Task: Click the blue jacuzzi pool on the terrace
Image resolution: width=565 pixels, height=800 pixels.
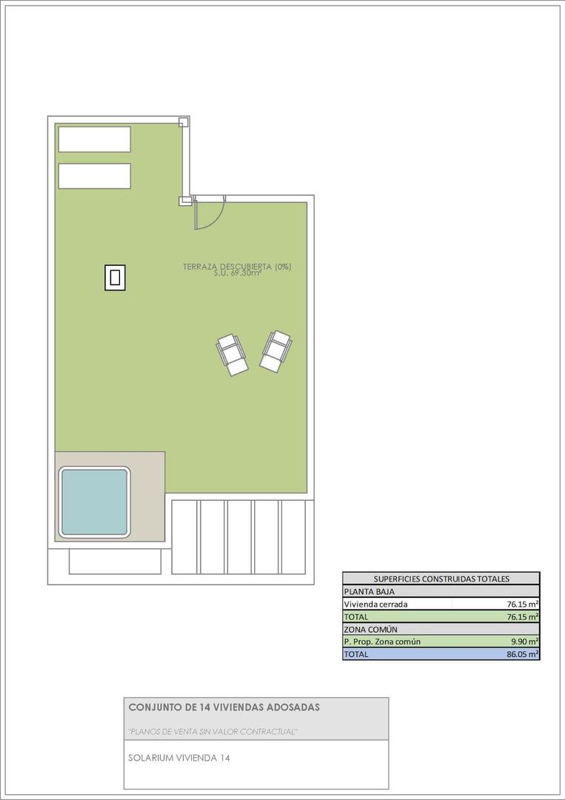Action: click(94, 501)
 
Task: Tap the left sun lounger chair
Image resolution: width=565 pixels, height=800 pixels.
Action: click(232, 354)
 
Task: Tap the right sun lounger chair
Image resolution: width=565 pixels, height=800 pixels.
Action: click(275, 350)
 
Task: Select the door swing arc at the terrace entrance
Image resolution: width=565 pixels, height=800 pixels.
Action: click(210, 216)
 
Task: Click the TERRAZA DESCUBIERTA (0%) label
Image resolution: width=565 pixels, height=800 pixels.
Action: click(236, 266)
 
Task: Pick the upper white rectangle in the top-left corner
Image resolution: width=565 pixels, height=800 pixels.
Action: click(94, 139)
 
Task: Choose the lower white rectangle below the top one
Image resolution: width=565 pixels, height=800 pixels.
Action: click(94, 176)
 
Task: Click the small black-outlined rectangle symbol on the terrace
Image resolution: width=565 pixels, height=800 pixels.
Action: click(115, 278)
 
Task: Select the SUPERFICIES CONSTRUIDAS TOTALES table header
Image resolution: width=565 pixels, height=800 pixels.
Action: click(441, 579)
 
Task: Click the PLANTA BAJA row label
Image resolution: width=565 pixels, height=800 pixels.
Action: click(370, 592)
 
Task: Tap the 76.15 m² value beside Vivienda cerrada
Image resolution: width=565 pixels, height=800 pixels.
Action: click(522, 604)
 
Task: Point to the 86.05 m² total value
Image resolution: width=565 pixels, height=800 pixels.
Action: click(522, 654)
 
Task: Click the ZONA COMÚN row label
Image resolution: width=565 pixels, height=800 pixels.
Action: click(371, 629)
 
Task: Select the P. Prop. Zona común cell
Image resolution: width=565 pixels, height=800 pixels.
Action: click(382, 641)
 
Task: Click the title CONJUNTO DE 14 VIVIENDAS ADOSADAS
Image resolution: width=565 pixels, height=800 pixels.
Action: click(224, 707)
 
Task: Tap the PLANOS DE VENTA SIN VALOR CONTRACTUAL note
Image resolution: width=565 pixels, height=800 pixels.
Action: click(213, 732)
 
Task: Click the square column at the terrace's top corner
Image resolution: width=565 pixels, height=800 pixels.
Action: click(184, 122)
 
